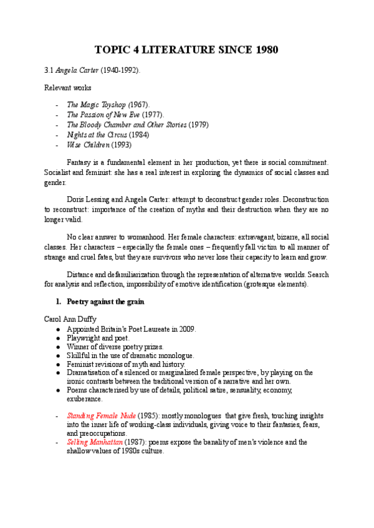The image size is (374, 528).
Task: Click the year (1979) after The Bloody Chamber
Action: (198, 125)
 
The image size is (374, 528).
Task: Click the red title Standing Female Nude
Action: (95, 415)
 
